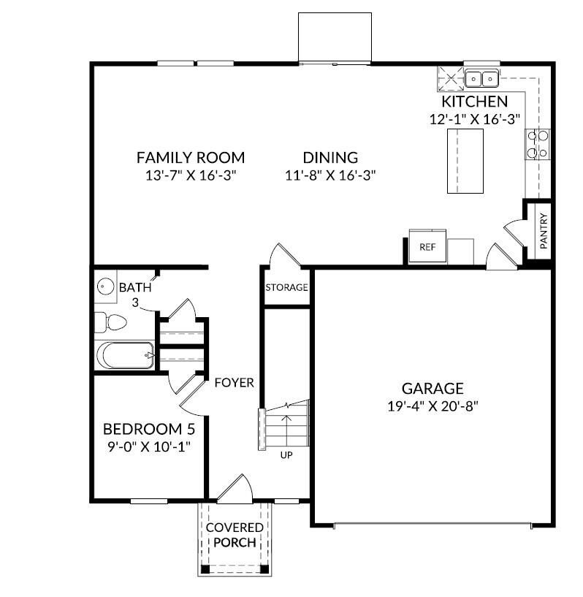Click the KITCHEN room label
click(474, 102)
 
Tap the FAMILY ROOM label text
click(191, 157)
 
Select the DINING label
click(330, 157)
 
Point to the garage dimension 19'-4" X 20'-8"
click(433, 406)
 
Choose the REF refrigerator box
click(427, 247)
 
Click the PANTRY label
click(544, 232)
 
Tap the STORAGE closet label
click(286, 287)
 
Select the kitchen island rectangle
click(465, 165)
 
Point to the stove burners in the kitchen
click(543, 143)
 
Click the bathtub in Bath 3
click(125, 357)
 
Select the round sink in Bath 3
click(105, 286)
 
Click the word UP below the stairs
click(287, 455)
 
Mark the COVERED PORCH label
click(231, 535)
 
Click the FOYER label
click(234, 382)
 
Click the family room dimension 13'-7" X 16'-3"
click(191, 175)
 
